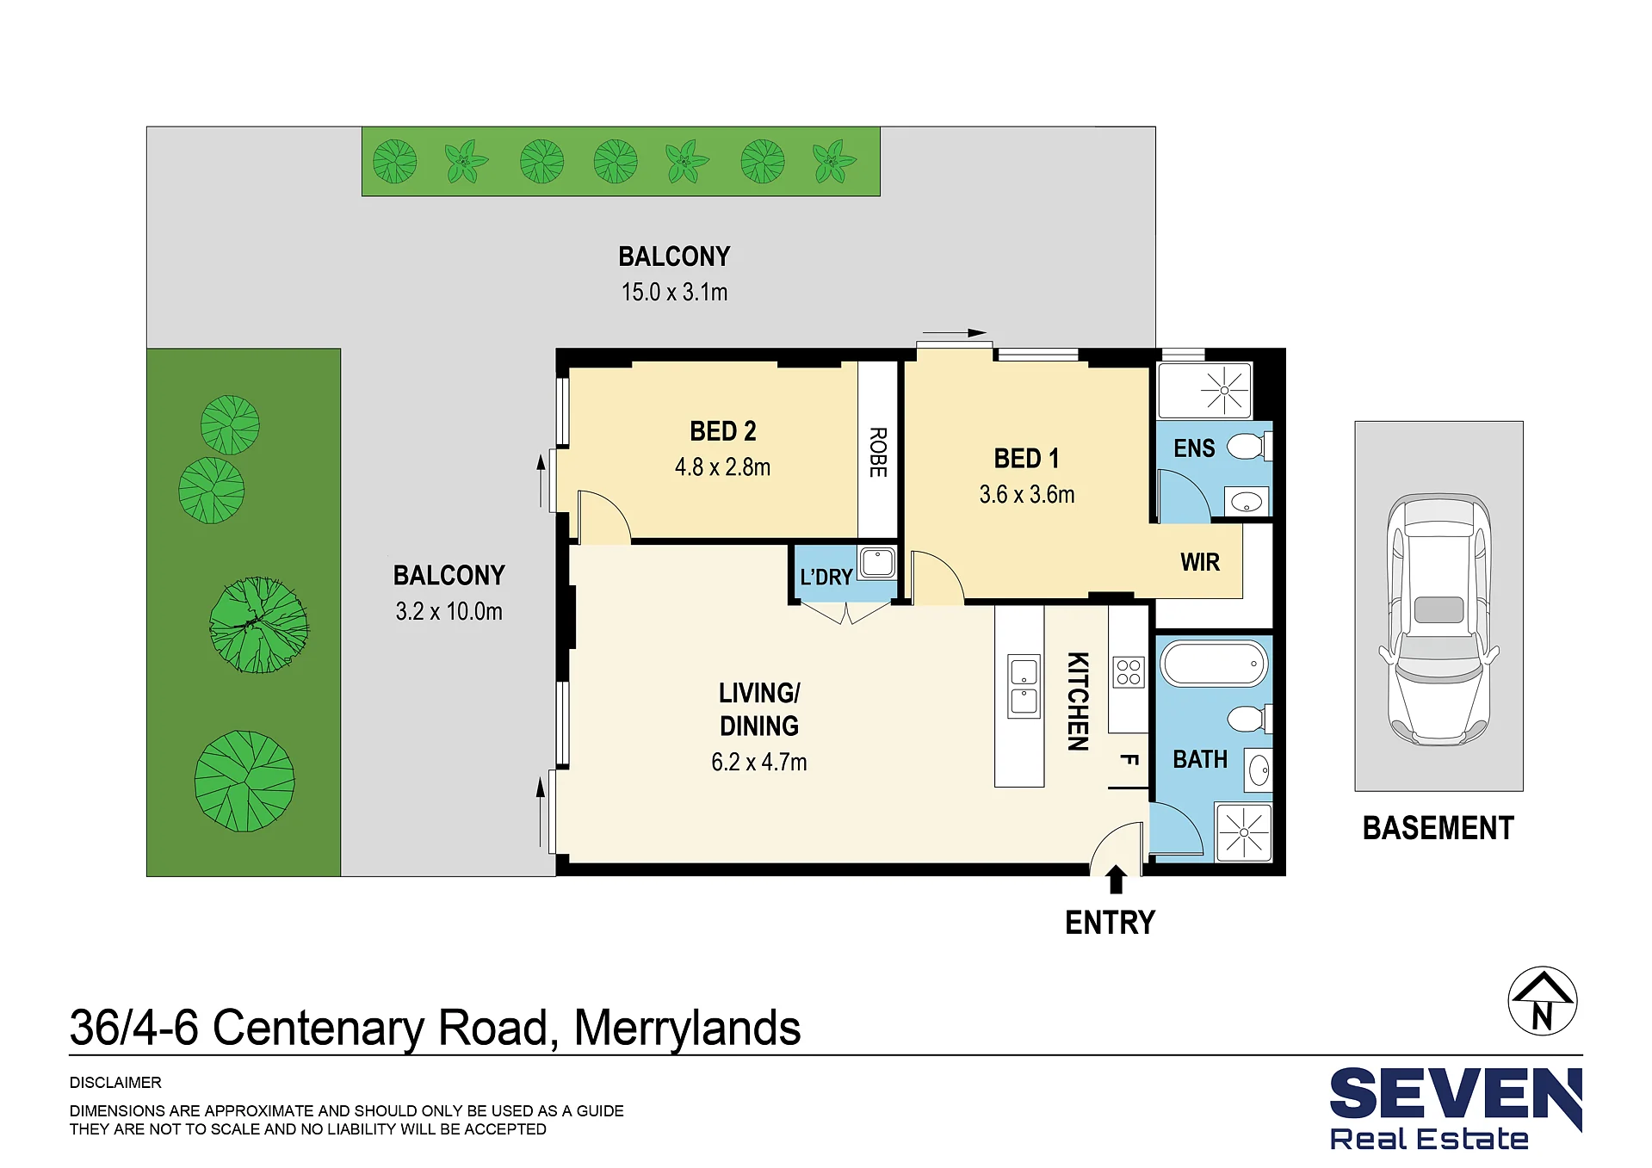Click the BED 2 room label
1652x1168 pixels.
point(723,431)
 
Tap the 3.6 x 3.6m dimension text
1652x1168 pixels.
point(1027,495)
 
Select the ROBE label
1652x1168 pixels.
point(878,452)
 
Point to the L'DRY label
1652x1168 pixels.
point(826,577)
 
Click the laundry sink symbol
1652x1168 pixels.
point(877,563)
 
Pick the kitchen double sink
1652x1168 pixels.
point(1024,686)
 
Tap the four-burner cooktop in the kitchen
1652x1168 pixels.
point(1129,672)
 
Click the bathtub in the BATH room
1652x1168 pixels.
point(1214,664)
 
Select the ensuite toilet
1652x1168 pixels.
point(1248,446)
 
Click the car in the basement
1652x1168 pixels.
point(1439,619)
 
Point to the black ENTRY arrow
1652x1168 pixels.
point(1116,880)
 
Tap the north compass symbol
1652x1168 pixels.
point(1543,1001)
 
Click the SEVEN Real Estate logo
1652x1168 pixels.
point(1456,1109)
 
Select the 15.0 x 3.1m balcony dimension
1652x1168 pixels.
point(675,293)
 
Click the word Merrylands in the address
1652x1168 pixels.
point(687,1029)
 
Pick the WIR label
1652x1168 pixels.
point(1200,563)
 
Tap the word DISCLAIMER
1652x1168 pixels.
point(115,1083)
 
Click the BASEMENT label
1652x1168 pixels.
point(1439,828)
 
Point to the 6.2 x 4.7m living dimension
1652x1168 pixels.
point(759,763)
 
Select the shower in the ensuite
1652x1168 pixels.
point(1204,390)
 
